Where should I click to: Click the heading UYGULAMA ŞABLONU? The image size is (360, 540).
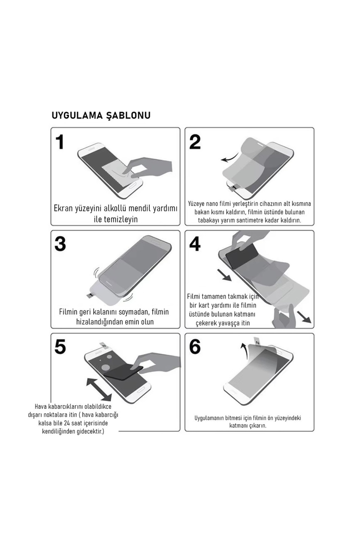[101, 115]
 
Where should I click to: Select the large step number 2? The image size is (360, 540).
[195, 142]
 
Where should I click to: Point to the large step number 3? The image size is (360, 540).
[60, 244]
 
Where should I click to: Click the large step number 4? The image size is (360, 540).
[195, 244]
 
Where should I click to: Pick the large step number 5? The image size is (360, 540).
[60, 347]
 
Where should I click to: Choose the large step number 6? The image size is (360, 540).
[195, 347]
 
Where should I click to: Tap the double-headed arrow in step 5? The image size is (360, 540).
[99, 389]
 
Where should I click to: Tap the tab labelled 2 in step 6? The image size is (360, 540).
[257, 341]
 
